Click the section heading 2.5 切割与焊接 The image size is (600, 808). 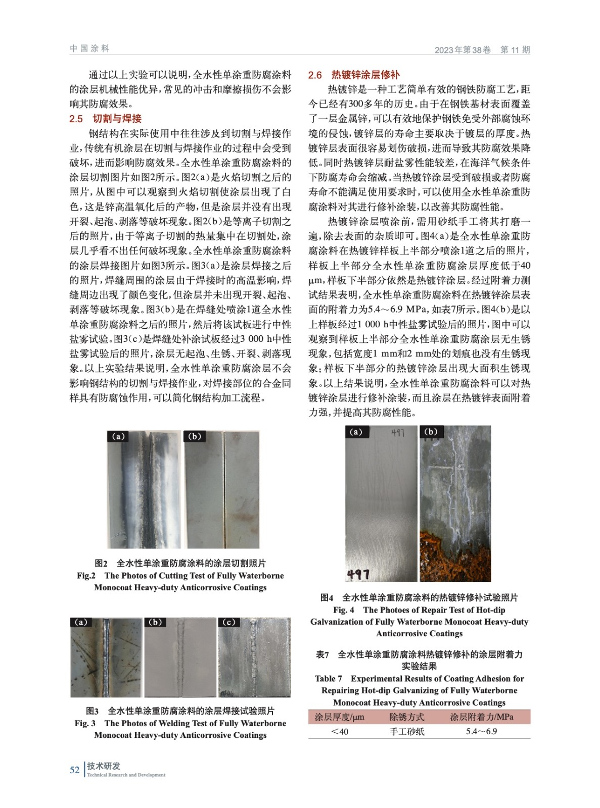[106, 119]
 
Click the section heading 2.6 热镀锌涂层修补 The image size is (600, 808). [354, 75]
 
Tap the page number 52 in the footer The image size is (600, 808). [74, 770]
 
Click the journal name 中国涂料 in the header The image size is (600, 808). [89, 48]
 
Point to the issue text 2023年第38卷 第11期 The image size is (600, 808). [482, 49]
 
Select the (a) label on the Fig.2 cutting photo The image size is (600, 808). [118, 436]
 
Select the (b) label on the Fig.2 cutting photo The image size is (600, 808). [195, 436]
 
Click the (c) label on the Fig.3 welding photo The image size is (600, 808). [229, 622]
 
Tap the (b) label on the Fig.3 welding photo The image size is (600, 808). [155, 622]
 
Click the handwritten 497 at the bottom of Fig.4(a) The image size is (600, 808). [358, 574]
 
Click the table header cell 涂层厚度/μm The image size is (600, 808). [339, 717]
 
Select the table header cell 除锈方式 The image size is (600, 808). [407, 717]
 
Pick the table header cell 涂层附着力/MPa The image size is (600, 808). [481, 717]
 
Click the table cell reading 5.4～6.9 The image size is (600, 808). [481, 731]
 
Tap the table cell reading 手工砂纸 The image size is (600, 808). [407, 731]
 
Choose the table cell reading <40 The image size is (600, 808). [339, 731]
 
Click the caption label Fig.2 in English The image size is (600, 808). [86, 576]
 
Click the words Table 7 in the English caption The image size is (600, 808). [329, 679]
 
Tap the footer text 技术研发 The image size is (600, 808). [104, 766]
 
